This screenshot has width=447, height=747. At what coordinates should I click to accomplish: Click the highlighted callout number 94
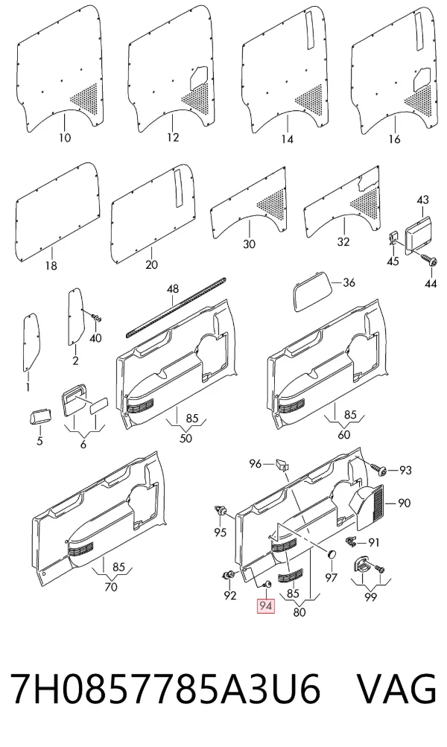pyautogui.click(x=266, y=606)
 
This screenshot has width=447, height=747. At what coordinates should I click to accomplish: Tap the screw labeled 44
pyautogui.click(x=427, y=259)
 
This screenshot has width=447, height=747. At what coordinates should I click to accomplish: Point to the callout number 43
pyautogui.click(x=422, y=200)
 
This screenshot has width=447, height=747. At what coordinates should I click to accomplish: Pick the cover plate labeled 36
pyautogui.click(x=311, y=295)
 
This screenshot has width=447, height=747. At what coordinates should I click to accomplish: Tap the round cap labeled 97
pyautogui.click(x=332, y=555)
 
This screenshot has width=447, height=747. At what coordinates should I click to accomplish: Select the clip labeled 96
pyautogui.click(x=283, y=465)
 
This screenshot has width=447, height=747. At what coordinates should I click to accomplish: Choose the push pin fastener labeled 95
pyautogui.click(x=221, y=512)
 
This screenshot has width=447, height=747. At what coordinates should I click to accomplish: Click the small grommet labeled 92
pyautogui.click(x=229, y=576)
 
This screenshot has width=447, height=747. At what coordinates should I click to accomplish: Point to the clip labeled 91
pyautogui.click(x=350, y=541)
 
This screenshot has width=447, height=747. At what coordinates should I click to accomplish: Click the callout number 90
pyautogui.click(x=404, y=503)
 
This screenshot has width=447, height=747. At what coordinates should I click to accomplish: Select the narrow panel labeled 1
pyautogui.click(x=31, y=340)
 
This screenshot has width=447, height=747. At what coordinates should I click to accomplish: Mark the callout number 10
pyautogui.click(x=65, y=139)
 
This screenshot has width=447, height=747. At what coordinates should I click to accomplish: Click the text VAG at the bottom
pyautogui.click(x=396, y=688)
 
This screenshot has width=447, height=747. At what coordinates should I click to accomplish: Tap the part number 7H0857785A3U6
pyautogui.click(x=165, y=688)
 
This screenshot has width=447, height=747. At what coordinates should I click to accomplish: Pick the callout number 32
pyautogui.click(x=343, y=242)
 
